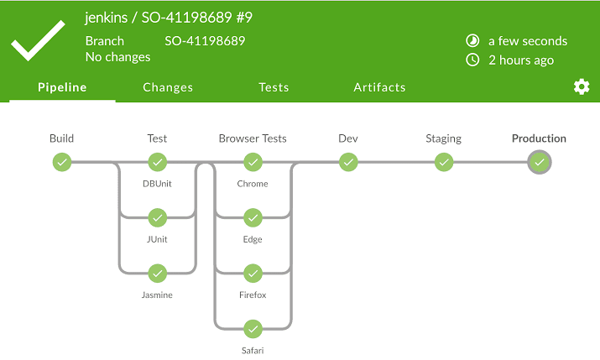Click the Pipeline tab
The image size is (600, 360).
[x=62, y=87]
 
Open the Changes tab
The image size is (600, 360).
[x=168, y=87]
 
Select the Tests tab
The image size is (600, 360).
[x=274, y=87]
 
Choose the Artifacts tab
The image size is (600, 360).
[x=379, y=87]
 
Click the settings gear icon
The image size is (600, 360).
[x=582, y=87]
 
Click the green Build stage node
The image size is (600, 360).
[x=61, y=162]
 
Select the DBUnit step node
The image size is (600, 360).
[x=157, y=162]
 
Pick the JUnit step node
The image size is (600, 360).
[x=157, y=218]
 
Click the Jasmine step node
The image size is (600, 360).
[x=157, y=274]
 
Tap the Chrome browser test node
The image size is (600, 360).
[x=253, y=162]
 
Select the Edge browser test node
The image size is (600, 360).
[x=253, y=218]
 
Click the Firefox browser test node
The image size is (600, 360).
[x=253, y=274]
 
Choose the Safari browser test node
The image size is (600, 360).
[x=253, y=329]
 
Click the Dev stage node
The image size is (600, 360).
[x=348, y=162]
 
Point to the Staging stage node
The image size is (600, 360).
[x=444, y=162]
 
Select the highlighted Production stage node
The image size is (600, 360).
[x=540, y=162]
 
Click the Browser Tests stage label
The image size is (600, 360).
[x=253, y=138]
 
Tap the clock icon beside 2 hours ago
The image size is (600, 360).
[x=472, y=60]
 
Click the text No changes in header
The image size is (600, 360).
[x=118, y=57]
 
